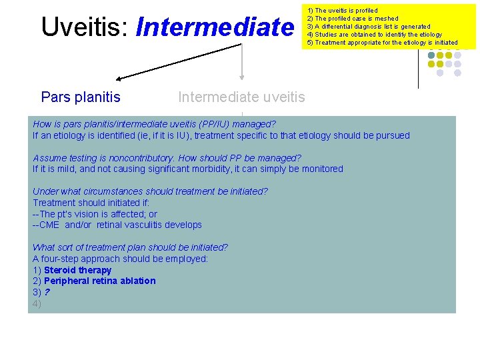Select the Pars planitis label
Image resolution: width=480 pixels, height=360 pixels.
click(81, 97)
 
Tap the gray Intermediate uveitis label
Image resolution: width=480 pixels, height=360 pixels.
click(241, 97)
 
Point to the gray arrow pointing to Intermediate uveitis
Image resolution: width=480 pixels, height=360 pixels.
click(242, 63)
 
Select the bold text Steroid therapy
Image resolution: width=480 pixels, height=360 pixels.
click(77, 270)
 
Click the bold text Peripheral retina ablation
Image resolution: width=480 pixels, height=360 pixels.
click(99, 281)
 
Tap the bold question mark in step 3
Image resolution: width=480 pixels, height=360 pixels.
click(47, 292)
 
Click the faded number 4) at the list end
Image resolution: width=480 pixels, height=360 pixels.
click(37, 303)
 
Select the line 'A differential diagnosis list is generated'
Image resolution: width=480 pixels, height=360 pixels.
click(368, 27)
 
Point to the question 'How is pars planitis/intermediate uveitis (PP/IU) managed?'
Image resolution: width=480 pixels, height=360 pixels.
click(154, 124)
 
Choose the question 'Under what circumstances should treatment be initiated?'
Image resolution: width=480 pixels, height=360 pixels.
click(150, 191)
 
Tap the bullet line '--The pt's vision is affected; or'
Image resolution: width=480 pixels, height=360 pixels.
click(95, 214)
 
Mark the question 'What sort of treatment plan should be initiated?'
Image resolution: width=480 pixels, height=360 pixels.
click(130, 247)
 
